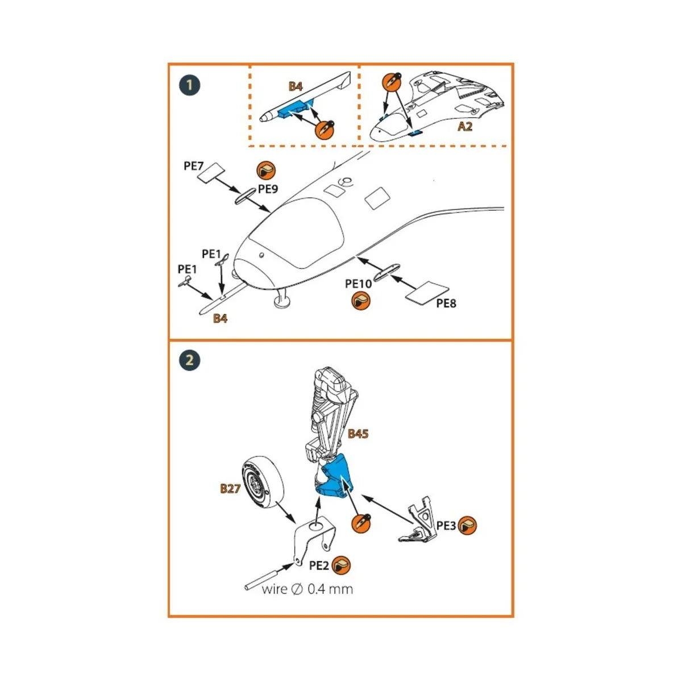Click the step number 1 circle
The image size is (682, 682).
190,85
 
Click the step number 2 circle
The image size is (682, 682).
190,360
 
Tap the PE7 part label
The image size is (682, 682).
194,166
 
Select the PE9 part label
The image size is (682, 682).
268,189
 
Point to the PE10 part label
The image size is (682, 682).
359,284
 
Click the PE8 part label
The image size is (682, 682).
446,303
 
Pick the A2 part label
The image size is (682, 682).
465,126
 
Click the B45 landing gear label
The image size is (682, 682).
358,434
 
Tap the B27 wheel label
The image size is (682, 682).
230,489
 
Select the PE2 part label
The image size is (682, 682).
319,565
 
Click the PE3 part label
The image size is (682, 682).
446,526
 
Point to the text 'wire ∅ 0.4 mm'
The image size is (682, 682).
307,589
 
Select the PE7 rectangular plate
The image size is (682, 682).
210,173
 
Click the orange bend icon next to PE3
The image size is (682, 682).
467,526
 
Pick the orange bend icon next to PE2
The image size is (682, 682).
341,565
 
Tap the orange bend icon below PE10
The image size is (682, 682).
360,301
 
